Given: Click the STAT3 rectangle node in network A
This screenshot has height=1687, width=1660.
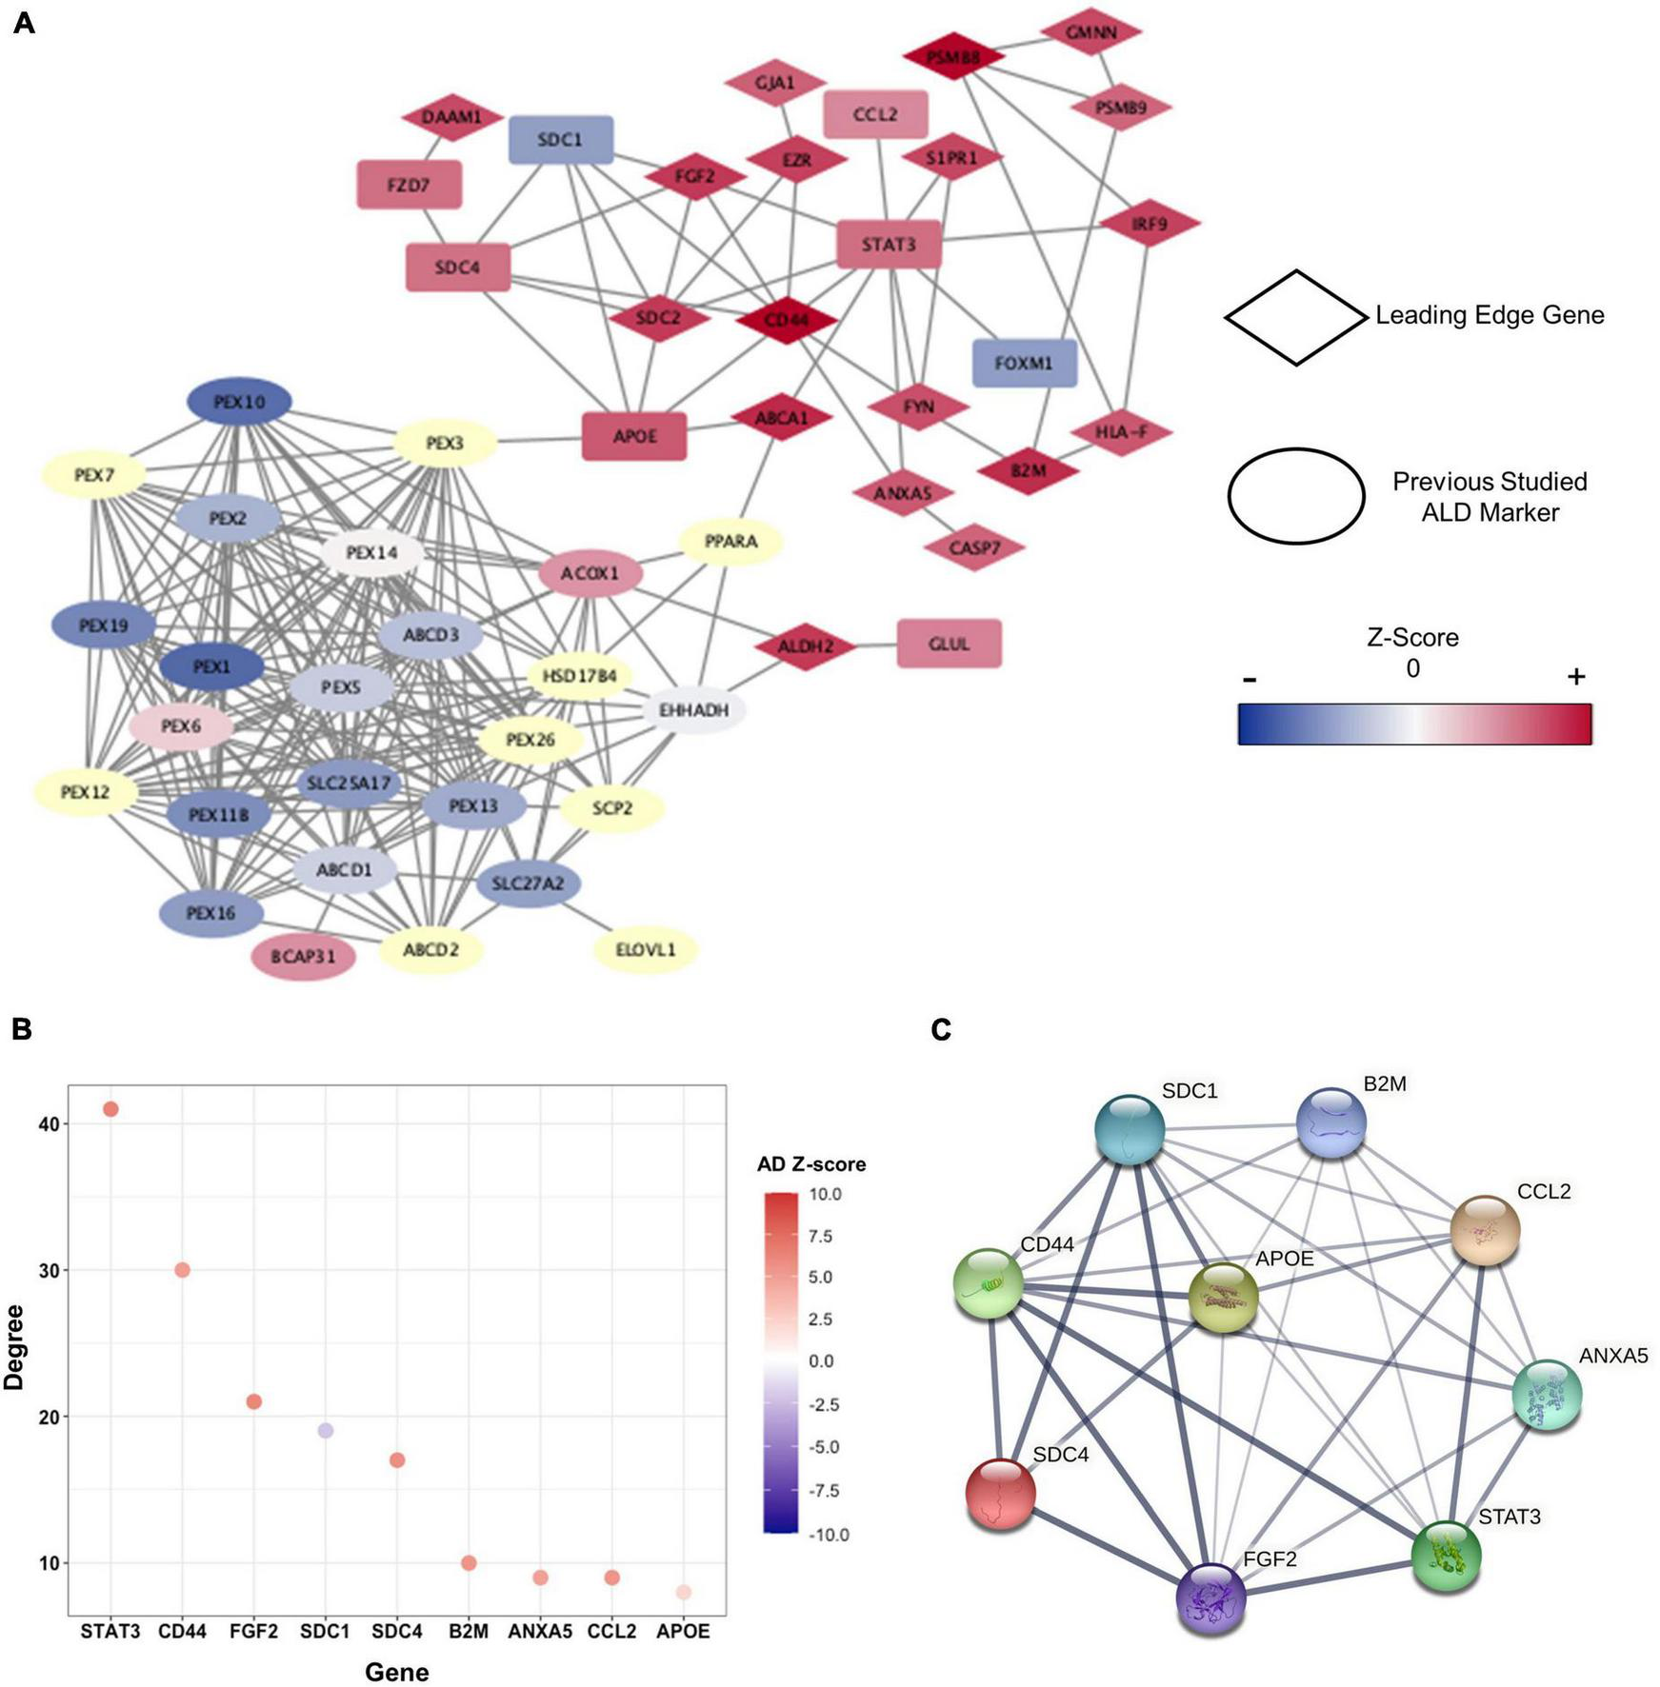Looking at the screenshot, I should (889, 245).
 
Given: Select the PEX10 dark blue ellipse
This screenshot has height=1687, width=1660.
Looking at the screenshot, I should (239, 402).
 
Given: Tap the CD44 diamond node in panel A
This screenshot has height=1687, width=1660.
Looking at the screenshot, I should (787, 320).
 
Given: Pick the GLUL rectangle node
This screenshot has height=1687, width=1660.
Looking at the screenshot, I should (949, 644).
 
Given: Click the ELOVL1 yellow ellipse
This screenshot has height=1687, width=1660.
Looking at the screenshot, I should (646, 949).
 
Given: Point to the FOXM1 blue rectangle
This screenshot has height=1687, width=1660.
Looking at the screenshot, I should (1024, 363).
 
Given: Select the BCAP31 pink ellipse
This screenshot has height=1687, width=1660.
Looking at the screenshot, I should (304, 956).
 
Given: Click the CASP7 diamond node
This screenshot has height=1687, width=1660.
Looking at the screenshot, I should (974, 548).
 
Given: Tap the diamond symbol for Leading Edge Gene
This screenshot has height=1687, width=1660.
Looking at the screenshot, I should (1295, 317).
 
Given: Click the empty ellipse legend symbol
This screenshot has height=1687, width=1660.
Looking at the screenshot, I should (1295, 495).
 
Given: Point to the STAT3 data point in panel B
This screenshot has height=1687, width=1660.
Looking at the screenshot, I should (110, 1109).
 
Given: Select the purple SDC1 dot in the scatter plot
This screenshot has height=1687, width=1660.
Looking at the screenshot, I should (326, 1431).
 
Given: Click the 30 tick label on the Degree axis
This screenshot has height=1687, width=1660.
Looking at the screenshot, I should (49, 1271).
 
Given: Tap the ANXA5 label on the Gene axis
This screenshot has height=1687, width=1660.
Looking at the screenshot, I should (540, 1632).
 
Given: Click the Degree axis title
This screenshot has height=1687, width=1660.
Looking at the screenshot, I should (14, 1347).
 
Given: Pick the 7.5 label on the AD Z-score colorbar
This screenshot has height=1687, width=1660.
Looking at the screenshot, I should (819, 1236).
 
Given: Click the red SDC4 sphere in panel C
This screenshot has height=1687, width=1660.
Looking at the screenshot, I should (1000, 1494).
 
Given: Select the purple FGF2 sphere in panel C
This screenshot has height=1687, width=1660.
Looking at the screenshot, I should (1210, 1598).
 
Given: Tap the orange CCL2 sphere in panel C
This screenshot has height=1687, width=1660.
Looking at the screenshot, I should (1485, 1230).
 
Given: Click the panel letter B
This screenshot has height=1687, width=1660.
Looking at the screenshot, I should (20, 1029).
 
